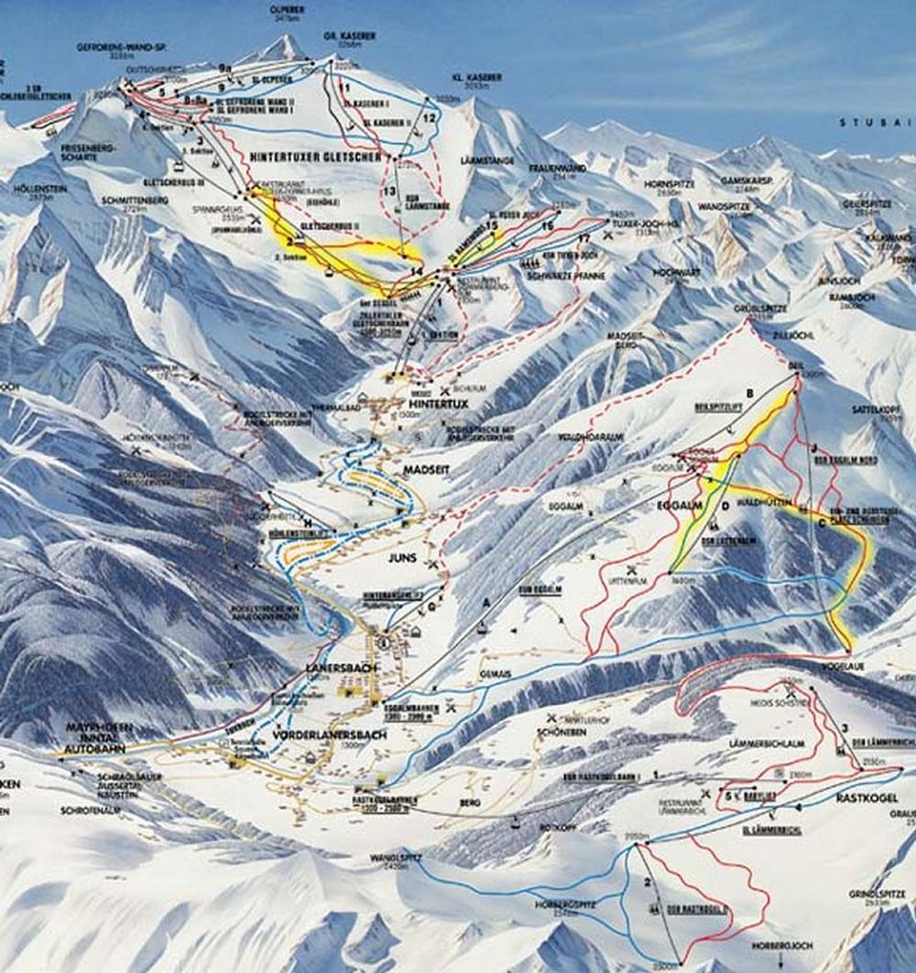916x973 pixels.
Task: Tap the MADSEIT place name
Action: [x=422, y=468]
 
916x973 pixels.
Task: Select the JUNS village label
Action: [x=402, y=557]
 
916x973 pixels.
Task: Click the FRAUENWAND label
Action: [x=557, y=169]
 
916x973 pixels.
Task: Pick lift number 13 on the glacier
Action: [x=388, y=190]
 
